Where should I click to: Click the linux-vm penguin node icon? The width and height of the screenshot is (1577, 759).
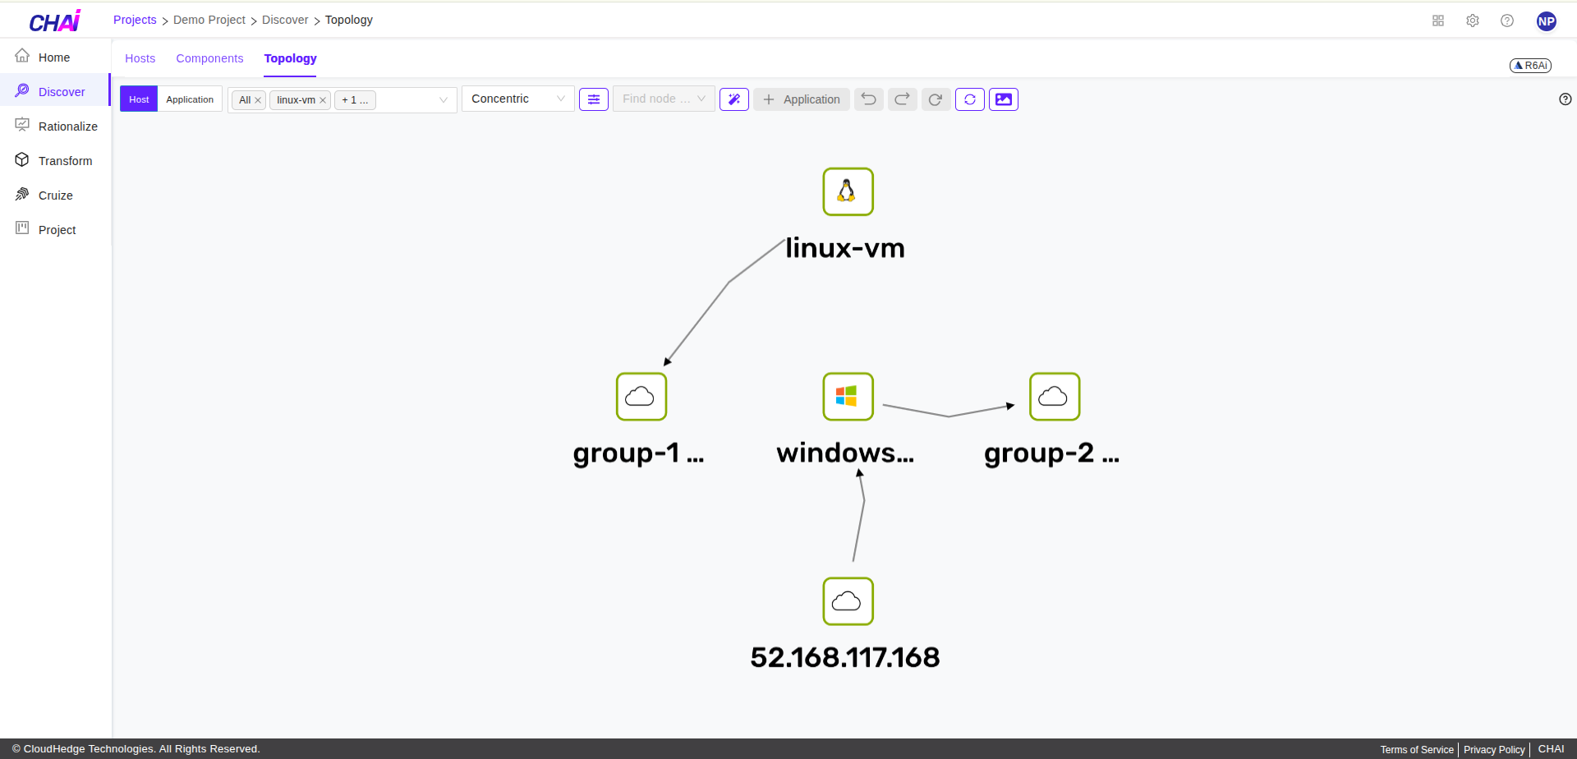click(x=848, y=191)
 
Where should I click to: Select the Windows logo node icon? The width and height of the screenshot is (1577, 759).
click(x=848, y=397)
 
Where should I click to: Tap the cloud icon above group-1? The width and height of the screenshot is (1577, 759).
click(x=641, y=397)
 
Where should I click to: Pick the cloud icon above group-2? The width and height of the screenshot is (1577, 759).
click(x=1054, y=397)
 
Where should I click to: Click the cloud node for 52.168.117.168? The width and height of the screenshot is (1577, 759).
click(x=848, y=601)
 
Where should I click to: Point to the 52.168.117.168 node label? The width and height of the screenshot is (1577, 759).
click(x=844, y=657)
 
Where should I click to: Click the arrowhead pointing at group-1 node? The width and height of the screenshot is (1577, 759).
click(x=668, y=361)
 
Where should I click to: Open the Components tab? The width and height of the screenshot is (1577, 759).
click(x=209, y=58)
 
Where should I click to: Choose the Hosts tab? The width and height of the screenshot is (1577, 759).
click(x=140, y=58)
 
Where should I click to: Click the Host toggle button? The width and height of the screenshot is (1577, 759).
click(x=139, y=99)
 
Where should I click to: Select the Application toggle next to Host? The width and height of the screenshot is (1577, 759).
click(x=190, y=99)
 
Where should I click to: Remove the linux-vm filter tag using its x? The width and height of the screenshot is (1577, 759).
click(x=323, y=100)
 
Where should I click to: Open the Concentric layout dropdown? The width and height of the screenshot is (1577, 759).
click(x=517, y=99)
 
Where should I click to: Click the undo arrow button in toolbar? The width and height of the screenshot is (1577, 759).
click(x=868, y=99)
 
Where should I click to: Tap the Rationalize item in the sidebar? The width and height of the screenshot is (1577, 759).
click(x=67, y=126)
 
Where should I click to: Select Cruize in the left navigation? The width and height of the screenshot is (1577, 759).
click(x=55, y=195)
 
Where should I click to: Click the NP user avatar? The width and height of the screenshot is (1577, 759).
click(x=1546, y=21)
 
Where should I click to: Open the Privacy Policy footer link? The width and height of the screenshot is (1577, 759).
click(x=1493, y=749)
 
